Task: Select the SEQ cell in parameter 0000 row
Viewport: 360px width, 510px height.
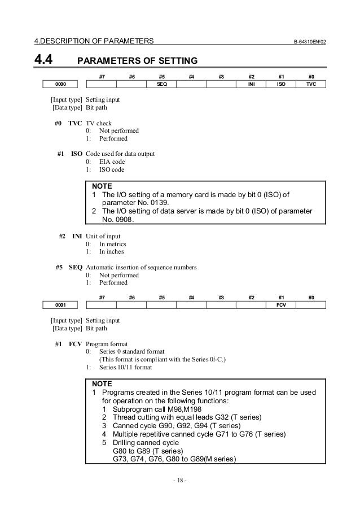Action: pos(161,84)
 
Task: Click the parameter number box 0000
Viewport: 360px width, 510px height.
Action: pos(60,84)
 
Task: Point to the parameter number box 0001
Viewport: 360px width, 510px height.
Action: pos(60,304)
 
